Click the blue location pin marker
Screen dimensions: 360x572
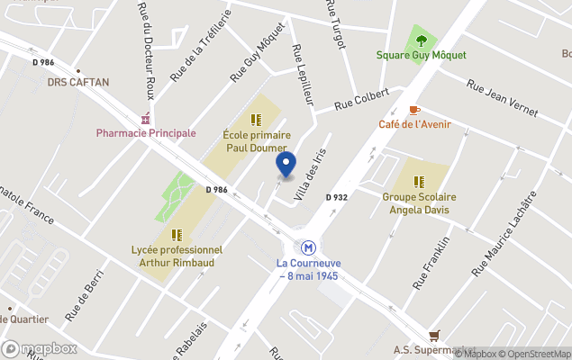286,165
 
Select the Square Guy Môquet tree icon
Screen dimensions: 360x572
422,40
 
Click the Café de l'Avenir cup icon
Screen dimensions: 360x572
414,110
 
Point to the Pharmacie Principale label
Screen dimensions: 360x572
146,133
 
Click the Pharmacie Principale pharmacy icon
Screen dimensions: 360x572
145,119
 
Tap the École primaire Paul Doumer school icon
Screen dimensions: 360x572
256,119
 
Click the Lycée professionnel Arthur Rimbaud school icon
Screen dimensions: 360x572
176,234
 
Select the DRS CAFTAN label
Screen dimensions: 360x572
78,82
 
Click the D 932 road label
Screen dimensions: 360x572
336,196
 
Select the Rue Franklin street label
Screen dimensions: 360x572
431,263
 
